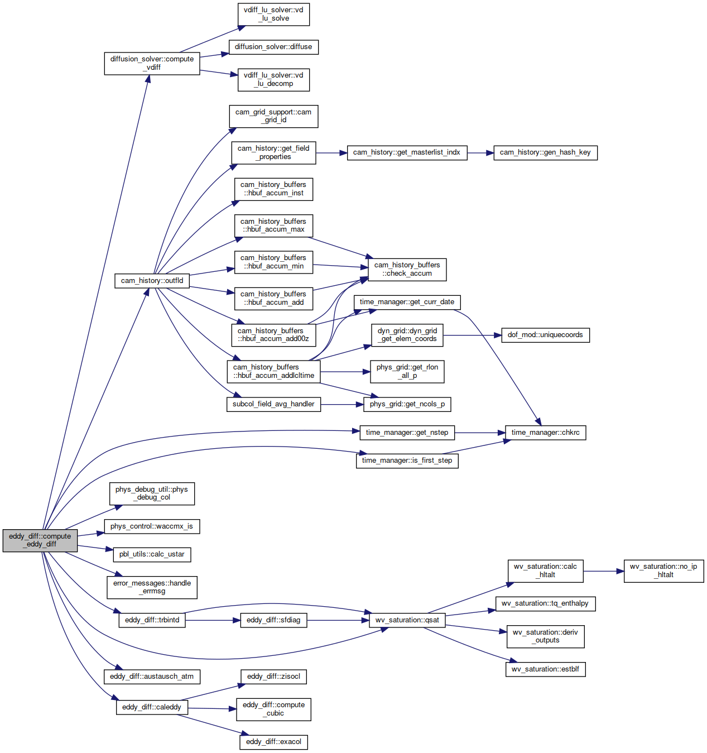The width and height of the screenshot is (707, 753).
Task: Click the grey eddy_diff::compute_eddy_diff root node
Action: coord(40,540)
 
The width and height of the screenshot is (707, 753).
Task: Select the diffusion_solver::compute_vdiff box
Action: coord(152,63)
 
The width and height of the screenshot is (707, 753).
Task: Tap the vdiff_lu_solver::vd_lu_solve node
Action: coord(273,15)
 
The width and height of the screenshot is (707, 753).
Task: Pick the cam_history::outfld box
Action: coord(152,281)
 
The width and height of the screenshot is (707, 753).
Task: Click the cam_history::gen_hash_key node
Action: coord(545,153)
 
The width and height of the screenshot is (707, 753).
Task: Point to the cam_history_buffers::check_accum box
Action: coord(407,270)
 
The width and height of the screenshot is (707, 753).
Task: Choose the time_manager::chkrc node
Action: coord(545,433)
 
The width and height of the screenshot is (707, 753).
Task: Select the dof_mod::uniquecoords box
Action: coord(545,335)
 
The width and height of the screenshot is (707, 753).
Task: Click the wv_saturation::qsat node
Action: coord(407,620)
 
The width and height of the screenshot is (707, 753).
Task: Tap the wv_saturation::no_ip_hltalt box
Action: coord(663,571)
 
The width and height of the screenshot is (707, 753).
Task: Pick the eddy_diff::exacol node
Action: coord(273,742)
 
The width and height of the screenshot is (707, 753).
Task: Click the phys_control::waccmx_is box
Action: coord(152,526)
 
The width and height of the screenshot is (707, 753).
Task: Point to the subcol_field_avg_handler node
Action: coord(273,404)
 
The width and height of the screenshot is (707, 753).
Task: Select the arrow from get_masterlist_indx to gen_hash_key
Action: coord(480,153)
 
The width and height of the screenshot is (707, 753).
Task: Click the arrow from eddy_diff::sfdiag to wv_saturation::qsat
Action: coord(338,620)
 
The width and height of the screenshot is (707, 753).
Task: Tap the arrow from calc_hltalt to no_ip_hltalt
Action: coord(604,571)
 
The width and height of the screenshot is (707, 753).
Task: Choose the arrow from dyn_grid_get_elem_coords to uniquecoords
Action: coord(472,335)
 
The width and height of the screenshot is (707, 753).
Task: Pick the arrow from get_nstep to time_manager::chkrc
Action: coord(479,433)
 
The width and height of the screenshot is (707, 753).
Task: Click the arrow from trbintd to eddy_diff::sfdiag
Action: coord(213,620)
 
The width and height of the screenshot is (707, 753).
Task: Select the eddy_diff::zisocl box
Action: coord(273,677)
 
